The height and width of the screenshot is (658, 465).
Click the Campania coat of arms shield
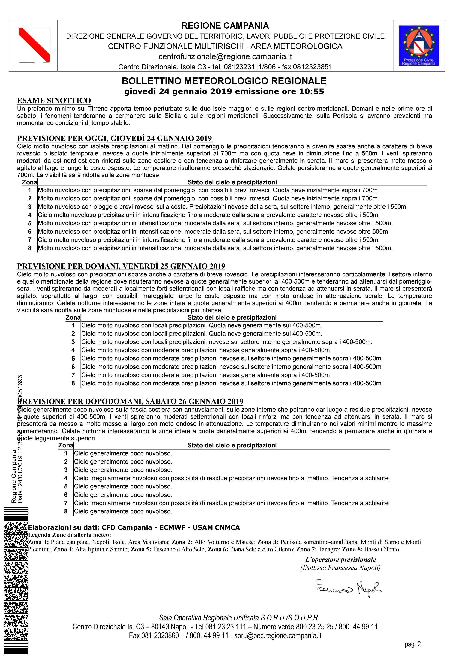click(x=34, y=45)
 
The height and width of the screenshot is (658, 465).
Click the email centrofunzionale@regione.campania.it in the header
click(x=225, y=56)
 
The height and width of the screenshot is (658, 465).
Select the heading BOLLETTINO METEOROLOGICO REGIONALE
click(x=224, y=81)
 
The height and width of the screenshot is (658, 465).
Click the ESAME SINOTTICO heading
click(x=54, y=101)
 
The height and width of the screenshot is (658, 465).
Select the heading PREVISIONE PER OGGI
click(x=115, y=138)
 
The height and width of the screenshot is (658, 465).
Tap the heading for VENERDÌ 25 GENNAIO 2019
click(x=121, y=266)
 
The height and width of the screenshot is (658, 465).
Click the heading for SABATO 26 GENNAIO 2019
click(x=130, y=401)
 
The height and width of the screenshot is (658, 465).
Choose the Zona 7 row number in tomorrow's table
click(x=73, y=375)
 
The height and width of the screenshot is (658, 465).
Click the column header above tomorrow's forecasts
click(x=232, y=317)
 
